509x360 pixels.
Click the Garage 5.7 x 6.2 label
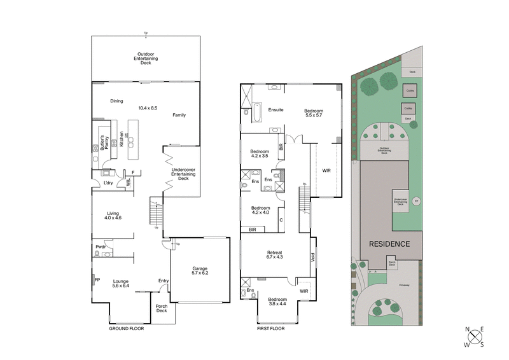coord(199,271)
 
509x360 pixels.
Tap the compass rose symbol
coord(474,337)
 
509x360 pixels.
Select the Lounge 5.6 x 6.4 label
coord(121,283)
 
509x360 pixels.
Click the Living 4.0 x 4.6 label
coord(114,216)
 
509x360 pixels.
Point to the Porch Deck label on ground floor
coord(162,308)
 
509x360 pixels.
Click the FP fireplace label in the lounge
coord(97,279)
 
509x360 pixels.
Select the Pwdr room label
coord(101,247)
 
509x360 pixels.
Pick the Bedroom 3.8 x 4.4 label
coord(278,301)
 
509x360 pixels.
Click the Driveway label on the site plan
coord(403,285)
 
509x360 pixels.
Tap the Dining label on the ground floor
coord(116,100)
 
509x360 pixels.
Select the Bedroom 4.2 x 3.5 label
coord(260,153)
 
